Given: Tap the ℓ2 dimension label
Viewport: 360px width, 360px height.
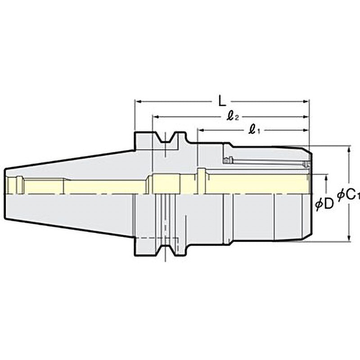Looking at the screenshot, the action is coord(233,117).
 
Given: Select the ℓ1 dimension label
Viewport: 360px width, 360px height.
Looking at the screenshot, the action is coord(254,130).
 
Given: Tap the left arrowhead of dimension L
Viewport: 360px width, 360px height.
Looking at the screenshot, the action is coord(138,101).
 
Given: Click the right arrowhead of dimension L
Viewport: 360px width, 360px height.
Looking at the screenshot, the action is coord(306,101).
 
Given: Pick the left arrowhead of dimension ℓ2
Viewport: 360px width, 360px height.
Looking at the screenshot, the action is coord(156,117).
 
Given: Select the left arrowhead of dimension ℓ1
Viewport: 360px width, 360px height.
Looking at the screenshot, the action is coord(201,130).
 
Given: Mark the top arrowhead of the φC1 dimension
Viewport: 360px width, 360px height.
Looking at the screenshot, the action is coord(349,149).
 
